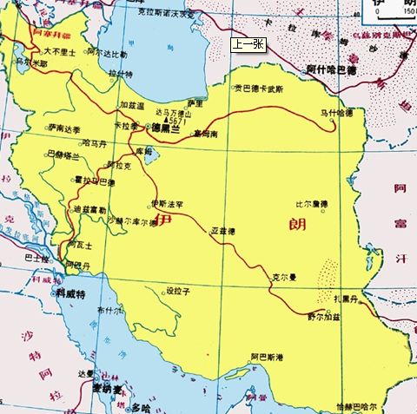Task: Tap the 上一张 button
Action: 248,43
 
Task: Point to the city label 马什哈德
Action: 336,112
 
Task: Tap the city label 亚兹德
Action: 223,231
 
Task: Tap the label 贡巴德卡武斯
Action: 259,89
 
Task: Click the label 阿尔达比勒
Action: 106,54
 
